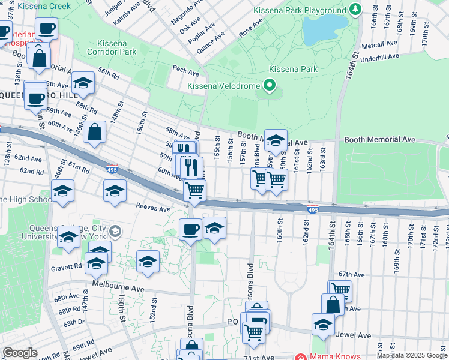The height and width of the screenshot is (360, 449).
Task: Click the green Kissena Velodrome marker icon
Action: tap(270, 86)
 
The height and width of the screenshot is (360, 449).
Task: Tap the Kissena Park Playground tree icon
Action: tap(355, 10)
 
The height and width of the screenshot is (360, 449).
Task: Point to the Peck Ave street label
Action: tap(185, 72)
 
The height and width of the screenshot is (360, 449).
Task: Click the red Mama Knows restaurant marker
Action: tap(301, 356)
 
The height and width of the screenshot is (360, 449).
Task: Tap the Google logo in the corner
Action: tap(20, 352)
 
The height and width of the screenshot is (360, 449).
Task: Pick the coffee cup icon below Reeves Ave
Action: tap(191, 229)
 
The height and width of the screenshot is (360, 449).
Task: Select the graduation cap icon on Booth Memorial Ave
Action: tap(276, 140)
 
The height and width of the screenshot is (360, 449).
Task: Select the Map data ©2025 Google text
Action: tap(411, 355)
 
